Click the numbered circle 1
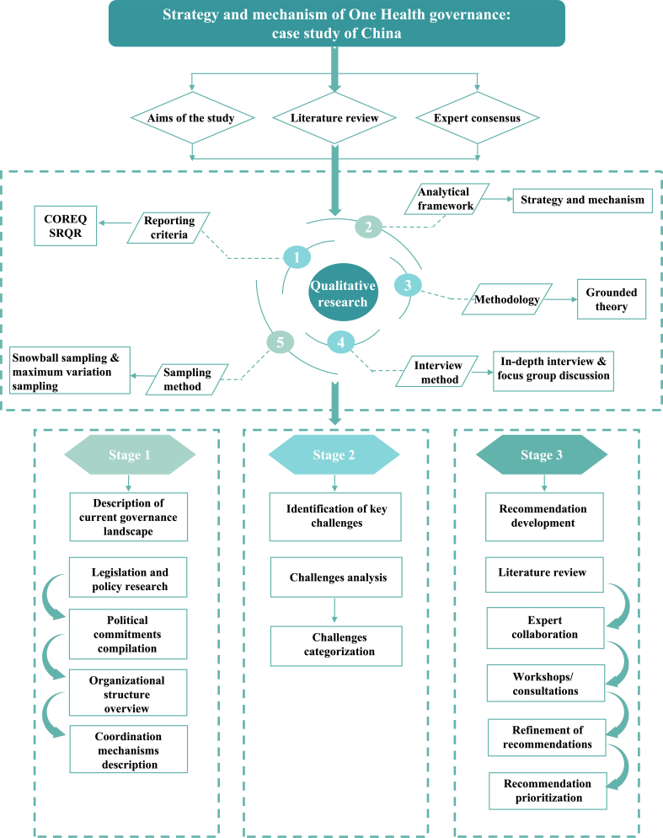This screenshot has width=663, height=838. coord(297,257)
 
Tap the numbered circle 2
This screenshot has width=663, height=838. coord(369,227)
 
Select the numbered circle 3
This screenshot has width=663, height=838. coord(408,286)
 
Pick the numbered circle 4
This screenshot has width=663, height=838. coord(341,342)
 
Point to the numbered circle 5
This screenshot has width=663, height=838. coord(280,342)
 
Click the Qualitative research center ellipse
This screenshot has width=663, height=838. coord(343,293)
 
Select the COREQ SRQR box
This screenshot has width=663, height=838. coord(65,226)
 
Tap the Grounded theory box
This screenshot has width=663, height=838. coord(612,299)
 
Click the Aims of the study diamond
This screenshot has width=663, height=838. coord(192,118)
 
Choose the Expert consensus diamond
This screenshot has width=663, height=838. coord(477,118)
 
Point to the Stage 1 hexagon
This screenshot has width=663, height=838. coord(130,454)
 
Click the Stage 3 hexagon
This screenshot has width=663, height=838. coord(542,454)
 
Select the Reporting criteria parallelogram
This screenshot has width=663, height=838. coord(168,228)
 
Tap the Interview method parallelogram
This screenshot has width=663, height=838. coord(437,372)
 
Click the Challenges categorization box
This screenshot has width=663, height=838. coord(337,646)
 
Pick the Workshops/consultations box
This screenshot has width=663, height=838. coord(545,683)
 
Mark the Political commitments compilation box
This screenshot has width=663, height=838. coord(128,634)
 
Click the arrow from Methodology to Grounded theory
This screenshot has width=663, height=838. coord(561,299)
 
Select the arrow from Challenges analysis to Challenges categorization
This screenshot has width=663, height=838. coord(334,610)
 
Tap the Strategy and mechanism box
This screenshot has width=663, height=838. coord(583,201)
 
